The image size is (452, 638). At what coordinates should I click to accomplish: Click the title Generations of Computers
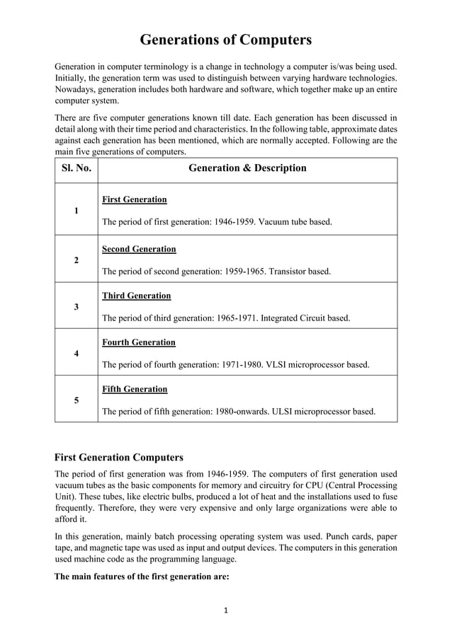coord(225,40)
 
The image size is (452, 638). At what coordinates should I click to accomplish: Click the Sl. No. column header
coord(76,168)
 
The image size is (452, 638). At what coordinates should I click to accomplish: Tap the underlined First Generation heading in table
coord(135,200)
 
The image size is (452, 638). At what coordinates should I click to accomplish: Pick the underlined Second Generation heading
coord(139,250)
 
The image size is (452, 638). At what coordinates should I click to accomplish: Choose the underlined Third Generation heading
coord(137,296)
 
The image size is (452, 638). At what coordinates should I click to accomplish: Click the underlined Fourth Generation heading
coord(139,342)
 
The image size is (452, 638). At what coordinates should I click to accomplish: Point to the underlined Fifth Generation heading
coord(135,389)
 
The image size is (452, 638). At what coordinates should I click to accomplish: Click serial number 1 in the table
coord(76,211)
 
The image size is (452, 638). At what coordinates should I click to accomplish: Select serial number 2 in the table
coord(76,260)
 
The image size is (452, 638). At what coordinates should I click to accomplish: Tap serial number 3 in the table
coord(76,307)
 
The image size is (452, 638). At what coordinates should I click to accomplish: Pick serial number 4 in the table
coord(76,353)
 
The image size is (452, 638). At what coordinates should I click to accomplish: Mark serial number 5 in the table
coord(76,400)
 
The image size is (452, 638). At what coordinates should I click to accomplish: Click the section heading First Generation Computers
coord(119,458)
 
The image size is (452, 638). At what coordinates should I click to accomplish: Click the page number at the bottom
coord(225,610)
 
